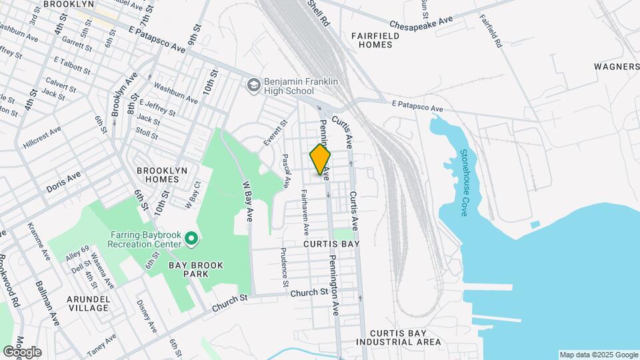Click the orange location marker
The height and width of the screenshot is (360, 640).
320,159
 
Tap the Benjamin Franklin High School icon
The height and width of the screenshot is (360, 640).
253,85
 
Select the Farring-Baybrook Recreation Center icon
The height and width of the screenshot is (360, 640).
192,238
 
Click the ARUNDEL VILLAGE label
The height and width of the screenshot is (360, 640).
88,303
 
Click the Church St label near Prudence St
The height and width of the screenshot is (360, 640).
310,292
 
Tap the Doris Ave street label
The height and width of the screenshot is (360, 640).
63,182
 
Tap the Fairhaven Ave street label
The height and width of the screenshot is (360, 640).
304,213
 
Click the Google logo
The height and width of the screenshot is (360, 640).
22,351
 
